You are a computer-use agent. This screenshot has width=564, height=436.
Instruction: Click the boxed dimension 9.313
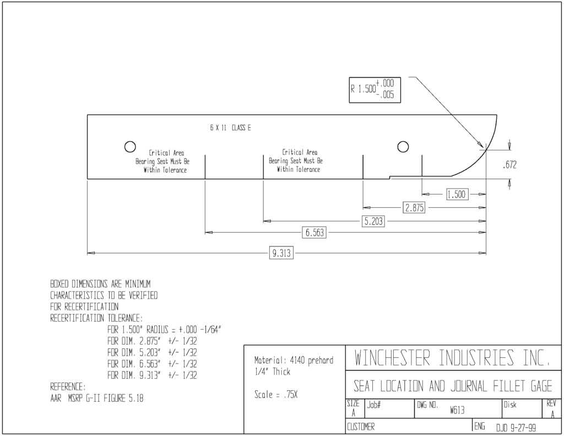coord(281,253)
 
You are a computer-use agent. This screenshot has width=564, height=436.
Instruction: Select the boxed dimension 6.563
coord(314,233)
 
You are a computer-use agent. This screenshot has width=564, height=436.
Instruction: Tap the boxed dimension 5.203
coord(373,221)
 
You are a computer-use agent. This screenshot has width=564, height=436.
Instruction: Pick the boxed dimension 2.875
coord(414,208)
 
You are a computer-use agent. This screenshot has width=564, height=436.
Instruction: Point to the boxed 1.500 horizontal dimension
coord(457,195)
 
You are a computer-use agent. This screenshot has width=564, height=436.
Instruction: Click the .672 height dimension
coord(509,165)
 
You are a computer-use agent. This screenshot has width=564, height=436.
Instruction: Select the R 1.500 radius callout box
coord(375,90)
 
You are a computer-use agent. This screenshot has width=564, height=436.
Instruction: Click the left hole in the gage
coord(130,147)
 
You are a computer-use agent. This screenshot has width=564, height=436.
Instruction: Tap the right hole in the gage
coord(403,147)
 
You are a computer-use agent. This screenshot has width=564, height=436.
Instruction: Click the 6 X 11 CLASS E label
coord(231,128)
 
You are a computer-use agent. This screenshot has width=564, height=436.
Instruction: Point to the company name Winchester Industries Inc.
coord(452,358)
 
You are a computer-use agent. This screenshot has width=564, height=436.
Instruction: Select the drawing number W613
coord(457,411)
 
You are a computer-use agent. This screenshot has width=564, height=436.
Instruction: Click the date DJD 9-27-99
coord(516,428)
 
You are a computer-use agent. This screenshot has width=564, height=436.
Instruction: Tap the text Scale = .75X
coord(276,395)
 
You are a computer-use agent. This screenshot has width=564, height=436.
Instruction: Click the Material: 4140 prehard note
coord(294,360)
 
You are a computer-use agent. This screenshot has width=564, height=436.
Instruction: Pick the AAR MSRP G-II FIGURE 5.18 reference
coord(97,398)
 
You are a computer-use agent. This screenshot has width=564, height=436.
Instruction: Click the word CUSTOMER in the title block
coord(361,427)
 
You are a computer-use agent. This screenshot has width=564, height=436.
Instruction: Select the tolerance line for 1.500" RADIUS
coord(164,330)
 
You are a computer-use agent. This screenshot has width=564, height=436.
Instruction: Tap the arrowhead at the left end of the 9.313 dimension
coord(91,253)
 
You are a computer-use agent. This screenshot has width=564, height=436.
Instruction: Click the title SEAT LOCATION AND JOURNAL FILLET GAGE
coord(453,386)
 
